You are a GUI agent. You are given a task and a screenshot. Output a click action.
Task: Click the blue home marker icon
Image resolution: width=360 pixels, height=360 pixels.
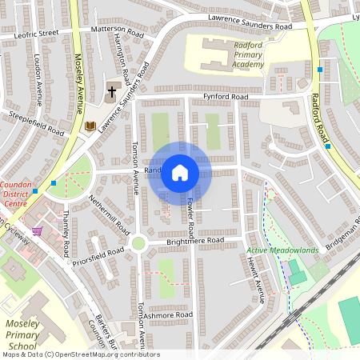click(x=180, y=173)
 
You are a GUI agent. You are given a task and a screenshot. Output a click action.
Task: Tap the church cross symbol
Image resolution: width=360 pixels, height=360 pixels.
click(x=113, y=90)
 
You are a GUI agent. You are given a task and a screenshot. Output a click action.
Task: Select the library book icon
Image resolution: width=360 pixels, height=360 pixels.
click(x=90, y=126)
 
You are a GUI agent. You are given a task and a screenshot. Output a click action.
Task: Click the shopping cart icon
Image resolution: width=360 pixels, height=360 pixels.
click(x=37, y=232)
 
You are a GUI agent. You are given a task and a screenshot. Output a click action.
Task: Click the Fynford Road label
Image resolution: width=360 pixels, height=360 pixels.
click(x=225, y=97)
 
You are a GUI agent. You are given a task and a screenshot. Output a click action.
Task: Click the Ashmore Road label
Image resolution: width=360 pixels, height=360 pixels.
click(x=168, y=315)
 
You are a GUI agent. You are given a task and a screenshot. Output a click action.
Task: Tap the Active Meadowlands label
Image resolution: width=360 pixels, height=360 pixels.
click(x=282, y=250)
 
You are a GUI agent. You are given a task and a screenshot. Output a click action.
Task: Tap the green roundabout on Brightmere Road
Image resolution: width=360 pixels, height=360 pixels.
click(x=138, y=242)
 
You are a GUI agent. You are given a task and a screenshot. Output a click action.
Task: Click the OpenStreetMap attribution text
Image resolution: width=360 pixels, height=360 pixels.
click(x=80, y=354)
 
